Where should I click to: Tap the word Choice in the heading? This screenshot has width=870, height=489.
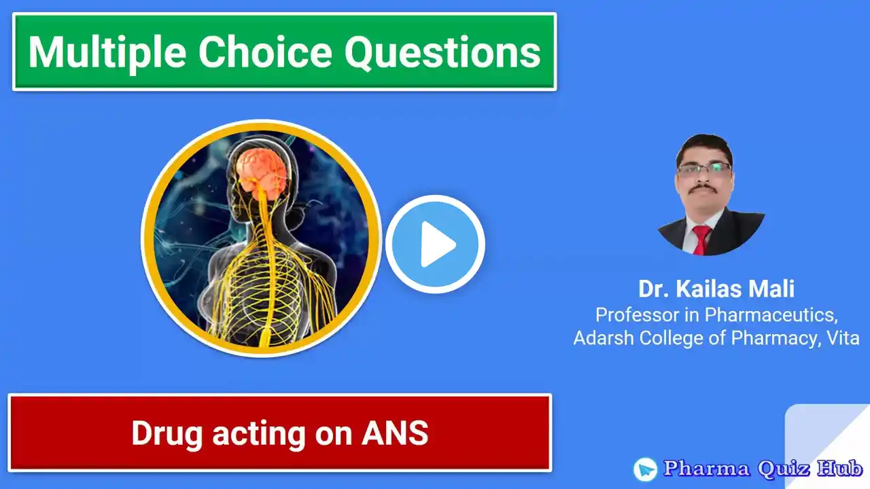click(x=265, y=52)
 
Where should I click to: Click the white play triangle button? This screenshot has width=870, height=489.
click(x=435, y=244)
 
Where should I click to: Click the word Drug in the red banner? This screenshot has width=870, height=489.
click(x=167, y=434)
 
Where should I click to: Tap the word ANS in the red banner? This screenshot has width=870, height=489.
click(x=395, y=433)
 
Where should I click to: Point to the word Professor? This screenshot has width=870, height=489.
click(x=638, y=314)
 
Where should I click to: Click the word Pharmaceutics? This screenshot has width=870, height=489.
click(x=771, y=314)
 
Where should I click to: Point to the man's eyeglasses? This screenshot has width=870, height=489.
click(x=705, y=169)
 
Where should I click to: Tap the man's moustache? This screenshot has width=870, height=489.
click(x=703, y=188)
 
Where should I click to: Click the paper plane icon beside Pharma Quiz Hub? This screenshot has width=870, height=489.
click(x=645, y=469)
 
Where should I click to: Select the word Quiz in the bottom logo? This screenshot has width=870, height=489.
click(x=784, y=468)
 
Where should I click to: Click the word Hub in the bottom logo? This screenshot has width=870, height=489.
click(x=839, y=468)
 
